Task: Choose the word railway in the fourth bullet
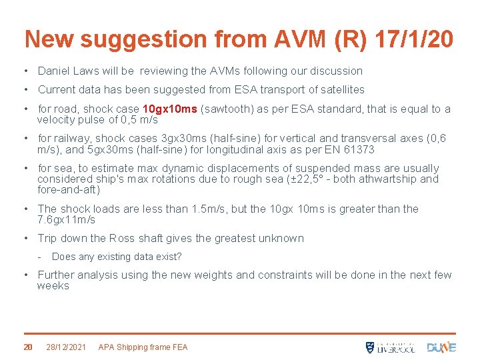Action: click(x=71, y=139)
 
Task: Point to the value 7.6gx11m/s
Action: click(x=67, y=219)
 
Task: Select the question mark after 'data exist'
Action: click(x=179, y=257)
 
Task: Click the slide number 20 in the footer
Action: click(x=28, y=347)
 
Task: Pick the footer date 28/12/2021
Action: click(x=65, y=347)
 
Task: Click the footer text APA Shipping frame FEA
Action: click(x=143, y=347)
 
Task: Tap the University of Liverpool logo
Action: click(x=390, y=347)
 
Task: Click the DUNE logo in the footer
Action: click(x=441, y=347)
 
